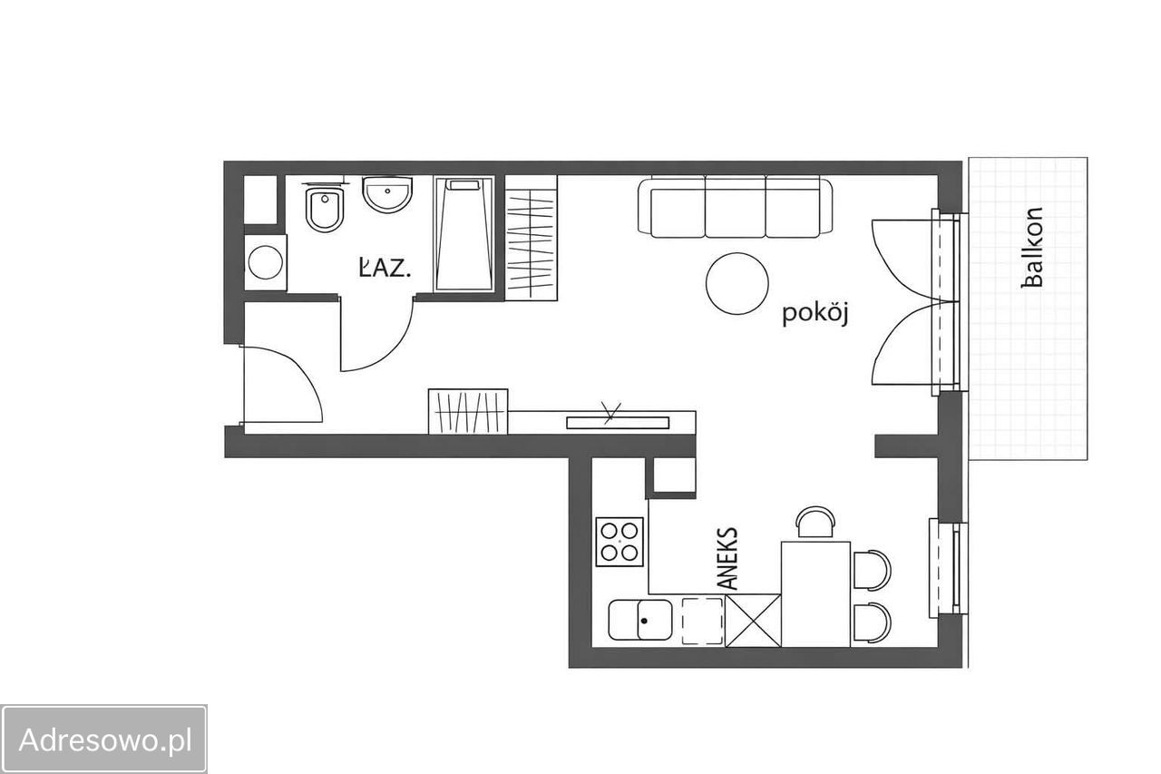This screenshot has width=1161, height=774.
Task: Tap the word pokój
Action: [x=815, y=313]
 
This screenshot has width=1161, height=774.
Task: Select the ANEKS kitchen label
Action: [x=728, y=558]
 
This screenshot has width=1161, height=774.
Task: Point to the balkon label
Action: [x=1032, y=248]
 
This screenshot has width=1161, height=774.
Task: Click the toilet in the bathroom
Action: [x=325, y=209]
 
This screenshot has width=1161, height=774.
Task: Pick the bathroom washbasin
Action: [x=387, y=194]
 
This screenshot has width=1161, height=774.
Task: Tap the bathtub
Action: [x=463, y=233]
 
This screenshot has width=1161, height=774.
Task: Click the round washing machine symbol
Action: [x=266, y=262]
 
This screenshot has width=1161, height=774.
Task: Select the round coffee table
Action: [x=737, y=284]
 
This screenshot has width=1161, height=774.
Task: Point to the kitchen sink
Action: [x=640, y=620]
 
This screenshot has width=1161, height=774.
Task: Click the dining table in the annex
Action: [x=815, y=594]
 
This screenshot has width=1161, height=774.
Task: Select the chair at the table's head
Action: [x=815, y=522]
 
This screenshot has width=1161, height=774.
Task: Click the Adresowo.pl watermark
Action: [x=105, y=740]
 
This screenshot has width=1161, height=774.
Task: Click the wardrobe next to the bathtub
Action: [x=532, y=238]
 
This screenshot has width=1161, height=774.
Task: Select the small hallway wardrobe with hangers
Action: [x=468, y=411]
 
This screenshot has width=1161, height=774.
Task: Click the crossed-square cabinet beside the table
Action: [x=753, y=621]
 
